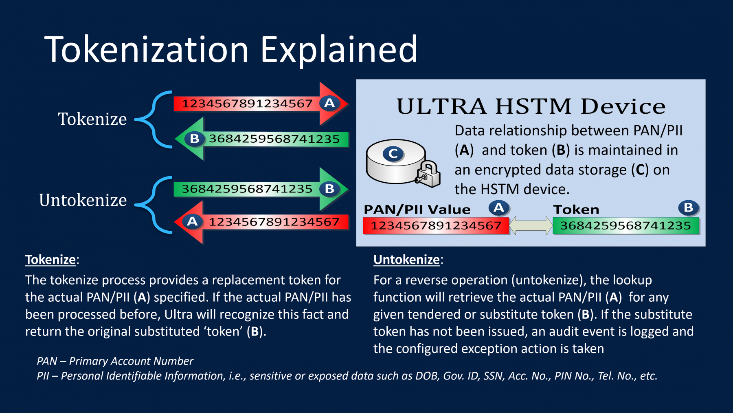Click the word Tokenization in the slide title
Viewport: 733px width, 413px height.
(147, 49)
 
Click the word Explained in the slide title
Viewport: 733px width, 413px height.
(339, 50)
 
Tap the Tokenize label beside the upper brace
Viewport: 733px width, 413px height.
(92, 119)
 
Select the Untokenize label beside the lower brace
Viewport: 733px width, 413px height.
(83, 200)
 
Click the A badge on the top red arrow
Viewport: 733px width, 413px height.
(329, 103)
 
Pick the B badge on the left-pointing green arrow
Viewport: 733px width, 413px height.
(195, 139)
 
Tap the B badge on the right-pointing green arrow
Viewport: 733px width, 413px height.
(329, 189)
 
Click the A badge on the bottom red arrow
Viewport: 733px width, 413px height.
(192, 222)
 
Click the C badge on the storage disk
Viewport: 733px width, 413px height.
(393, 154)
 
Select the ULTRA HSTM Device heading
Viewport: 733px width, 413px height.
(531, 106)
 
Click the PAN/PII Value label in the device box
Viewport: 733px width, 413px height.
(417, 210)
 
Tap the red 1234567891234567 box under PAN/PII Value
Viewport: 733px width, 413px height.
(436, 226)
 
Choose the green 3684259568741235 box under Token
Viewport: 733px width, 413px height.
(626, 226)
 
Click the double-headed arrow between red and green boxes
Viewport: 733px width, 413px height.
(531, 225)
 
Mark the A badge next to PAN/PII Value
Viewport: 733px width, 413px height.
(499, 208)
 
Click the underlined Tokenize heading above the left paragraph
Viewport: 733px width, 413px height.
(51, 260)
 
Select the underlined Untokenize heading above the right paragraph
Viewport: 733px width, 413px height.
(407, 260)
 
